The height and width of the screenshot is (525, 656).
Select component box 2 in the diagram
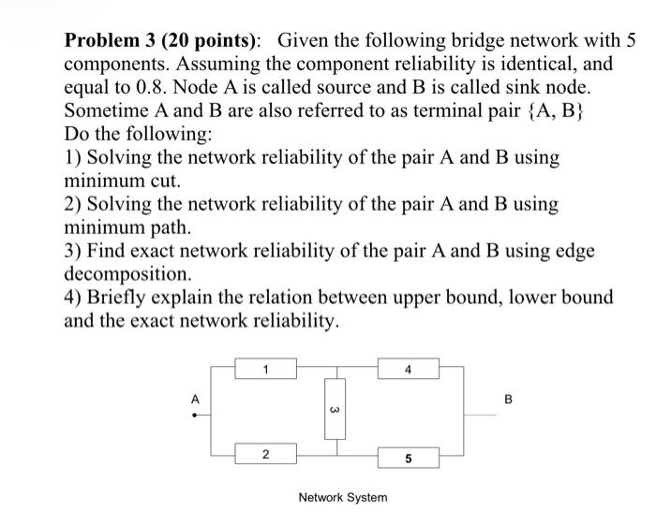[265, 456]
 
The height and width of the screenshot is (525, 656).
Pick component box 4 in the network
[408, 369]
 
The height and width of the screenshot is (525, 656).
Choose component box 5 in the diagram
[408, 458]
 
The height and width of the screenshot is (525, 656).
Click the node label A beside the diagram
[196, 400]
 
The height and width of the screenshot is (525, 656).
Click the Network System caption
[342, 497]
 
